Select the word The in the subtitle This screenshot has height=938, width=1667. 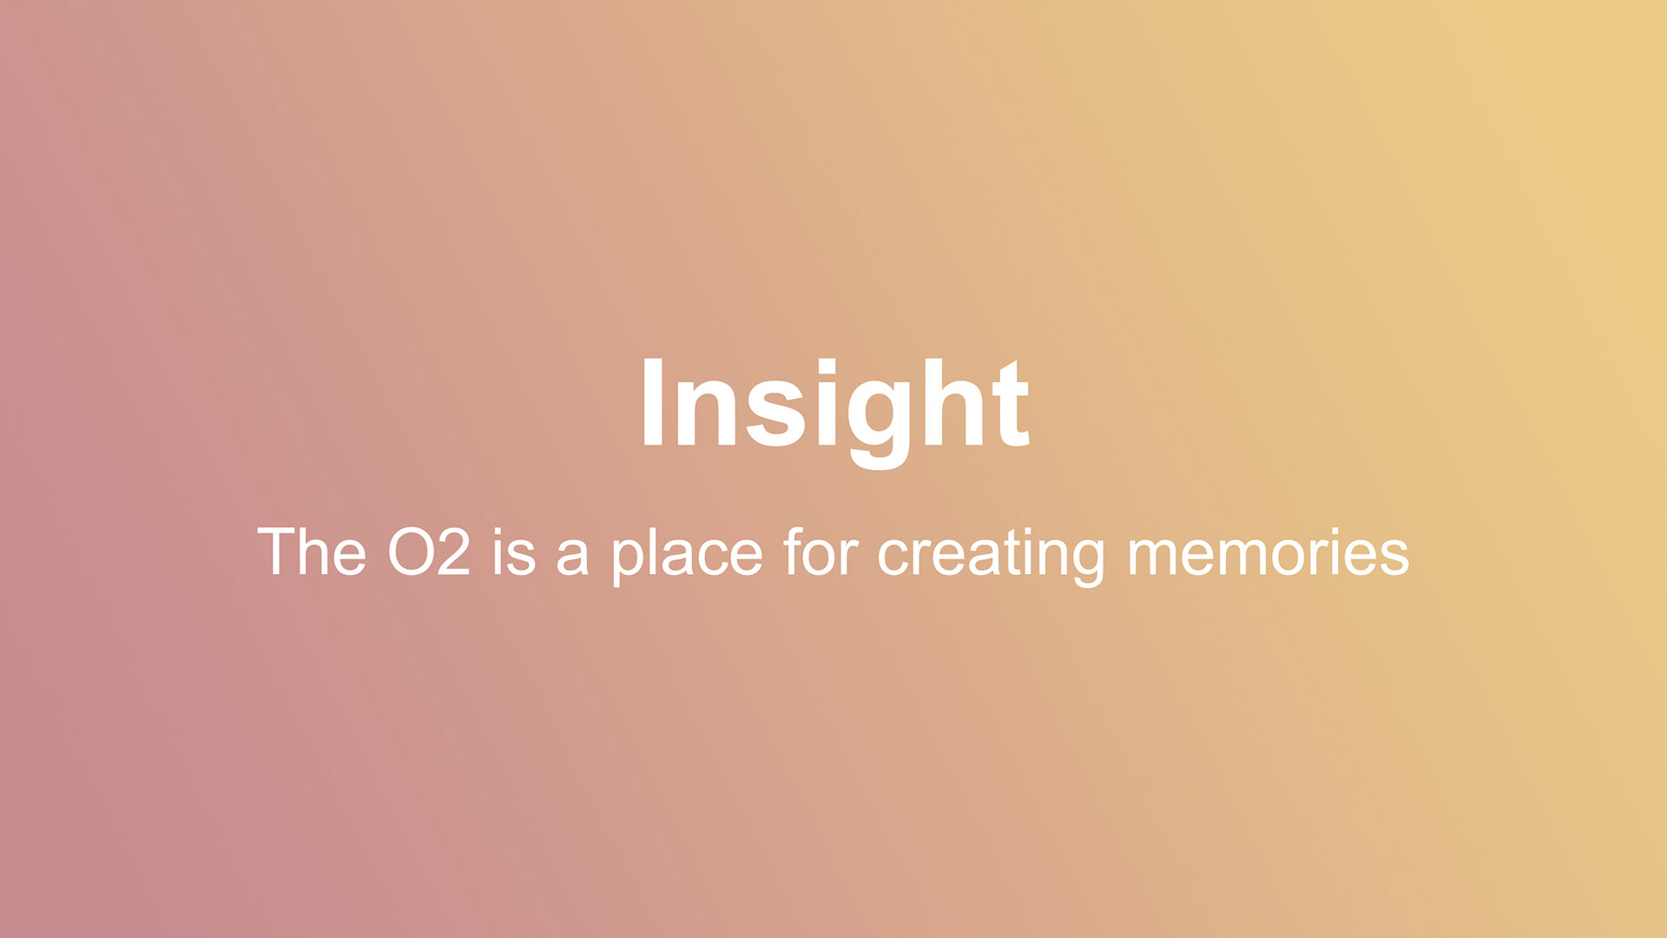coord(312,552)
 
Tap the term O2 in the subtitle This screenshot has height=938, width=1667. coord(429,552)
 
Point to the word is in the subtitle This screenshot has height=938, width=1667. coord(514,552)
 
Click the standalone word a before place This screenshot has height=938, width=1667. coord(572,558)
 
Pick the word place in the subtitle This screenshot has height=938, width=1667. coord(687,555)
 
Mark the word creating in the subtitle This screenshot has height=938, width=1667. coord(991,555)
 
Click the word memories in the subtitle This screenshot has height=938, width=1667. coord(1268,552)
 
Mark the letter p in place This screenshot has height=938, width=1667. coord(629,563)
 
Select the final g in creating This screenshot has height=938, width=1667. coord(1087,564)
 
